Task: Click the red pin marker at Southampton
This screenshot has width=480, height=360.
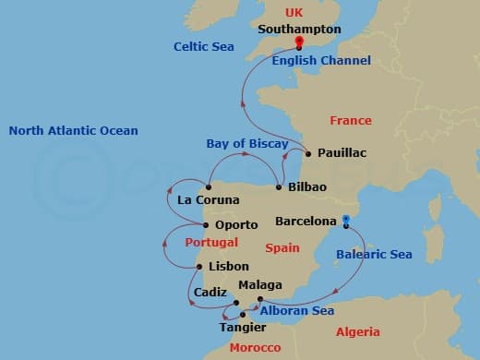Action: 299,42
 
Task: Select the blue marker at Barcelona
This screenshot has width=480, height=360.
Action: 345,220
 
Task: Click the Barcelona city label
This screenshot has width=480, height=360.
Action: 306,222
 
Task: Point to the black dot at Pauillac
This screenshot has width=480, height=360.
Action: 307,153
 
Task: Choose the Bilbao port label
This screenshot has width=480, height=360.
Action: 307,186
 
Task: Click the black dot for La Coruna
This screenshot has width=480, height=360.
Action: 209,187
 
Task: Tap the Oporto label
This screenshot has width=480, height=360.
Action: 235,223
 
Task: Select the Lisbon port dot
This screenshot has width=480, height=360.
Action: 199,267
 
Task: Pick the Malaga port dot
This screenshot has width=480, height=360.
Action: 260,298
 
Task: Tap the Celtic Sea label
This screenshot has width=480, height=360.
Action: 204,46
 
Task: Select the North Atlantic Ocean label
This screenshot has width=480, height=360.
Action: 73,131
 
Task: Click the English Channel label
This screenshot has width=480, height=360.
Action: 321,60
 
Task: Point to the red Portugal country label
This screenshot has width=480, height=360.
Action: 211,243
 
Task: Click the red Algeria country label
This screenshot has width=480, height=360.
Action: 357,331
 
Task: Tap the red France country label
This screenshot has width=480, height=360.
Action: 351,120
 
